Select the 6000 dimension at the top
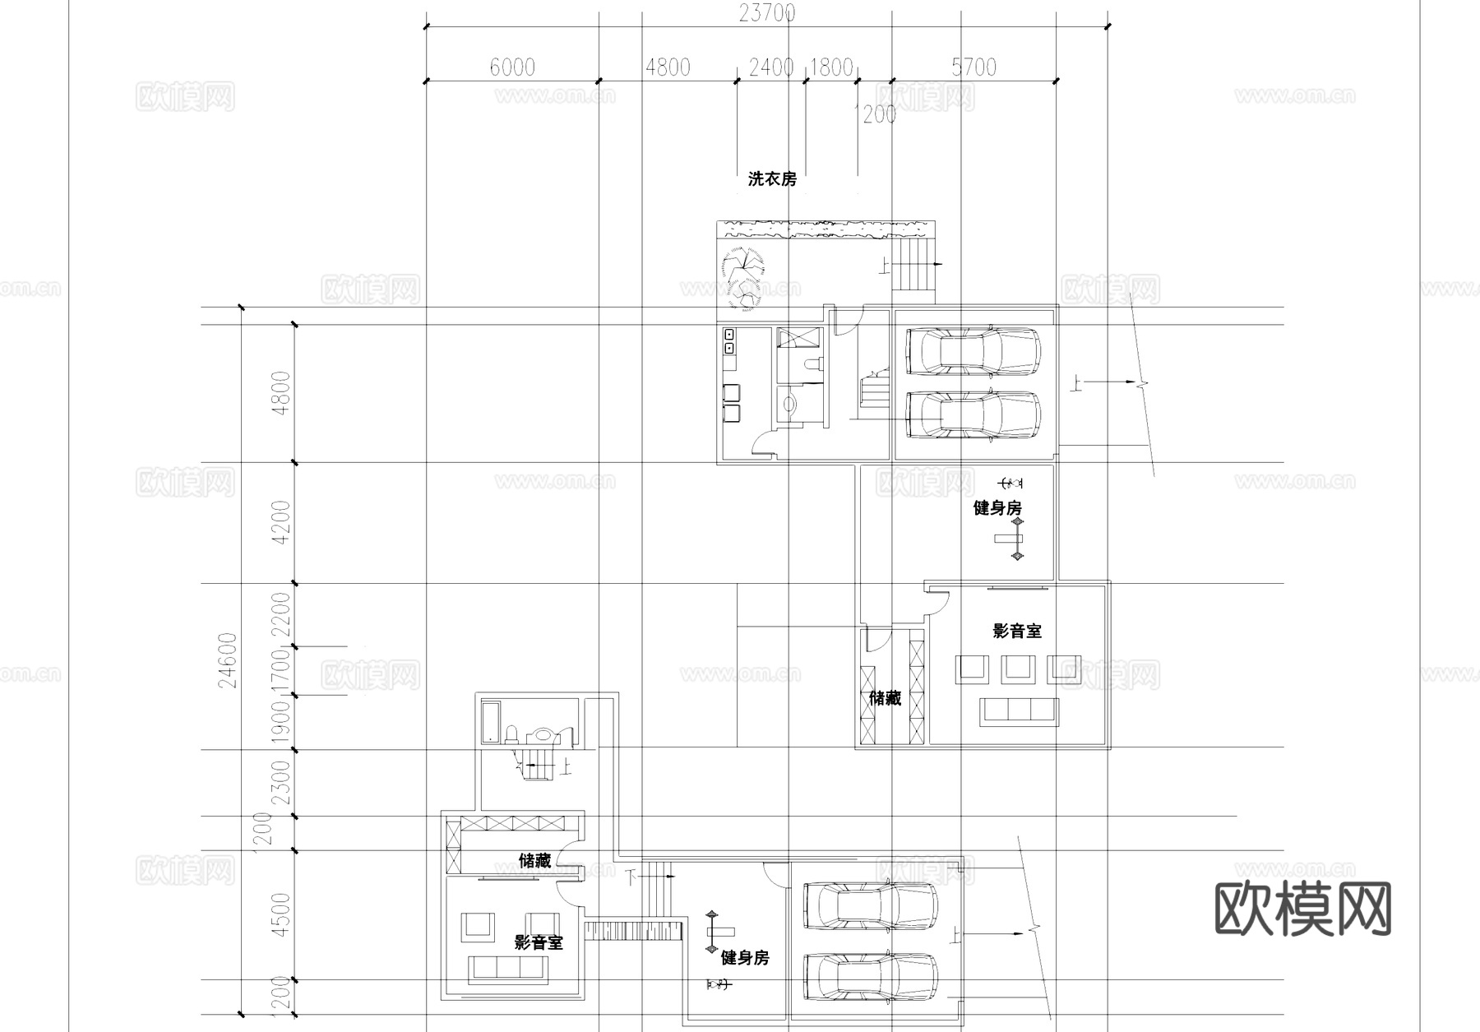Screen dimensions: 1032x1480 pos(512,67)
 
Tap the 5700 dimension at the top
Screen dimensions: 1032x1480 pos(974,67)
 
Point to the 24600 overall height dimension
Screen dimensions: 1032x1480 pos(229,660)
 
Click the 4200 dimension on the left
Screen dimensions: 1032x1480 pos(281,522)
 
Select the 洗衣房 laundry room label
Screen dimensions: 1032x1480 pos(771,178)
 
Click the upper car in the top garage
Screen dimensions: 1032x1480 pos(973,349)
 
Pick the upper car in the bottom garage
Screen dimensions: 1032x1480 pos(870,906)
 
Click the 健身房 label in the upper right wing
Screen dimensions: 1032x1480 pos(997,508)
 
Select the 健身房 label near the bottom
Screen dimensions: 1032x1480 pos(745,958)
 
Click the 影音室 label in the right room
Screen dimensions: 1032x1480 pos(1017,631)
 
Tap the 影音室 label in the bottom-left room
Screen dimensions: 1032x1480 pos(539,942)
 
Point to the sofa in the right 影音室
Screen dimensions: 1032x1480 pos(1019,711)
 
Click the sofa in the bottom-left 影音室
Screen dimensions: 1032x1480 pos(508,969)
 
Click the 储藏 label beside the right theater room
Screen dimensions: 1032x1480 pos(886,698)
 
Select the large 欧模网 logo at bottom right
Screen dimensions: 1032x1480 pos(1303,909)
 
